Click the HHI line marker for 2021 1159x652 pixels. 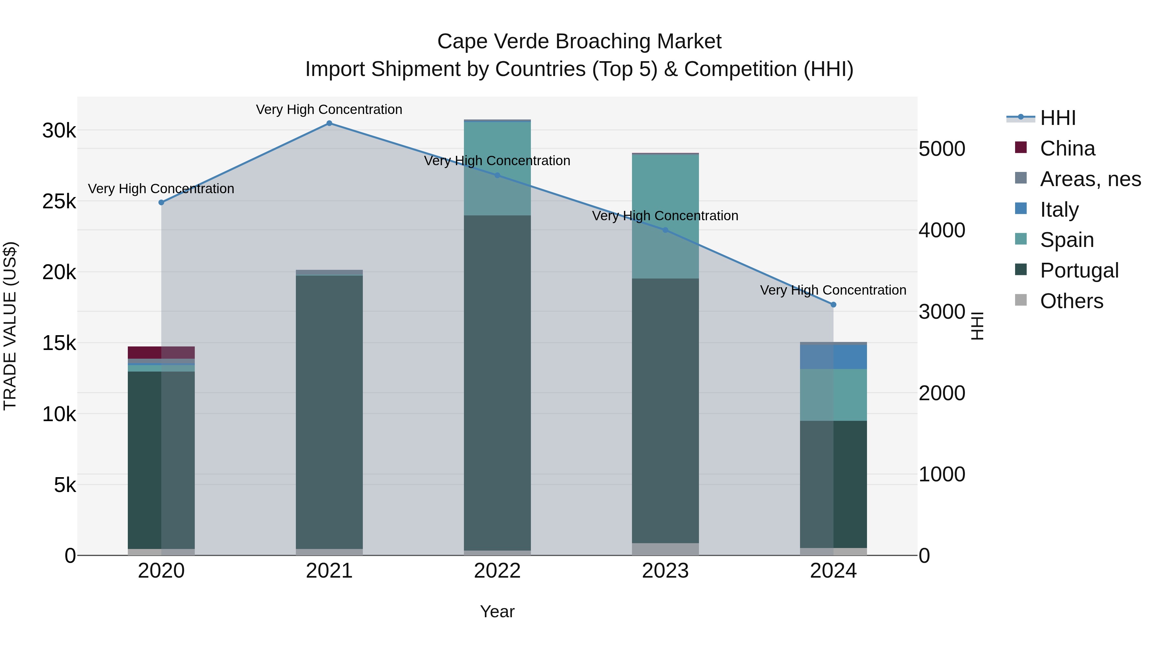pyautogui.click(x=329, y=123)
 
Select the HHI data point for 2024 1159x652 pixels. pyautogui.click(x=833, y=305)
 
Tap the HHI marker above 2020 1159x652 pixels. pyautogui.click(x=162, y=203)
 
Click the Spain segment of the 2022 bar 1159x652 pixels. pyautogui.click(x=497, y=169)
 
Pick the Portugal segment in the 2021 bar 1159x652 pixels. pyautogui.click(x=329, y=412)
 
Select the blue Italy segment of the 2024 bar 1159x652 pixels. pyautogui.click(x=833, y=357)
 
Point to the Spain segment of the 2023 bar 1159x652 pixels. pyautogui.click(x=665, y=216)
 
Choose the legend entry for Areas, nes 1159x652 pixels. pyautogui.click(x=1090, y=179)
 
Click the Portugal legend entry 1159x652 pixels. pyautogui.click(x=1079, y=270)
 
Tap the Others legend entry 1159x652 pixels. pyautogui.click(x=1071, y=301)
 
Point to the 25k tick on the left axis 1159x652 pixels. pyautogui.click(x=59, y=202)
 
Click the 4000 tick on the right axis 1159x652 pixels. pyautogui.click(x=942, y=231)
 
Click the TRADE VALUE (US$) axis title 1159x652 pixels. pyautogui.click(x=10, y=326)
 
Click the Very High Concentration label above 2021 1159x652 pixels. pyautogui.click(x=329, y=109)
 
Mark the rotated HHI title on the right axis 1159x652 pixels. pyautogui.click(x=977, y=326)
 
